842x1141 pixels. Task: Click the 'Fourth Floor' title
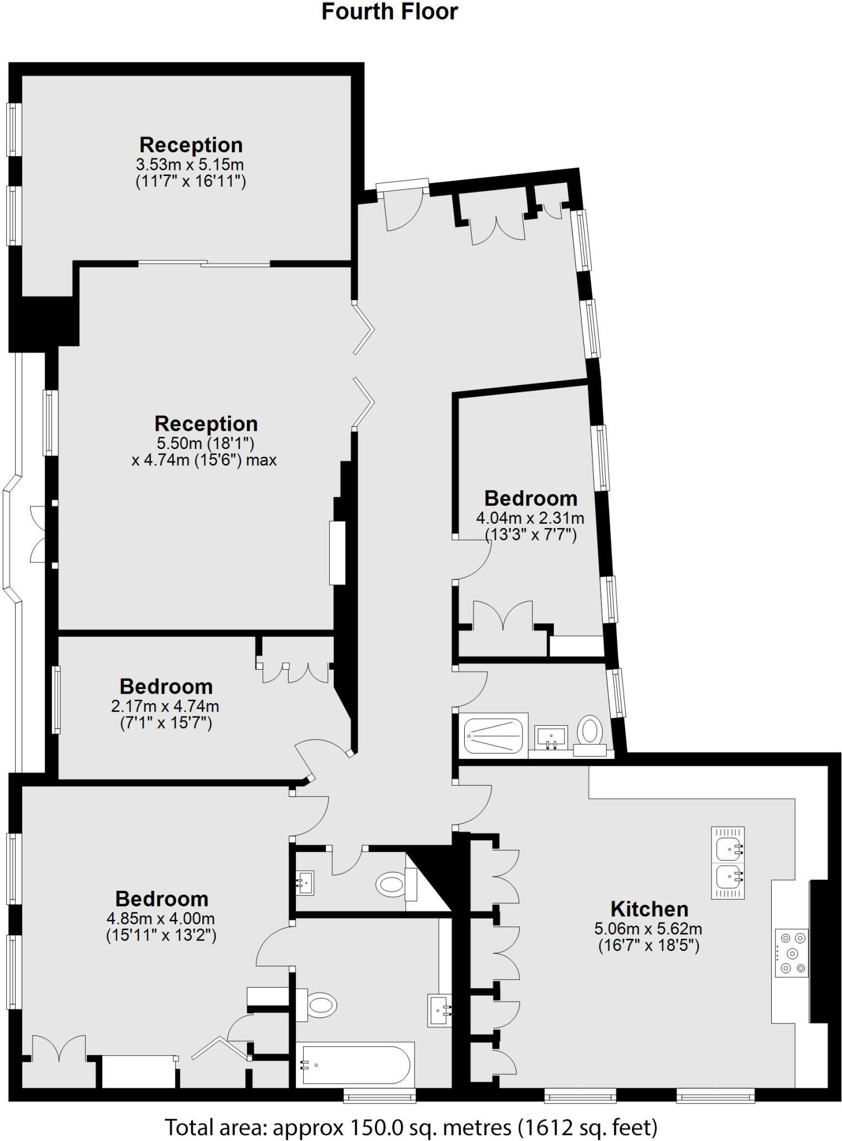(390, 12)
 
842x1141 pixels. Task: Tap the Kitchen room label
(649, 909)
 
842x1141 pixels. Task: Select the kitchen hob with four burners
(791, 953)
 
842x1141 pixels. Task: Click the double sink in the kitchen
(728, 862)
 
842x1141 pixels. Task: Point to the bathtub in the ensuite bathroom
(356, 1065)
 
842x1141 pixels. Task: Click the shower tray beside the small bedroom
(494, 735)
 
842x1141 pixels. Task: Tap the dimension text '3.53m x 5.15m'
(190, 165)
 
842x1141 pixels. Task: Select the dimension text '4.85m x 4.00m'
(160, 919)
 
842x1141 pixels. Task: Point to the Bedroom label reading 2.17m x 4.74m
(166, 686)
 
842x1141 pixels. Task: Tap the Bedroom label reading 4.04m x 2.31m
(530, 498)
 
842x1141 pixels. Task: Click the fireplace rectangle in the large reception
(338, 553)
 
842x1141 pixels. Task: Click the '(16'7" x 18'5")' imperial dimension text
(649, 945)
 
